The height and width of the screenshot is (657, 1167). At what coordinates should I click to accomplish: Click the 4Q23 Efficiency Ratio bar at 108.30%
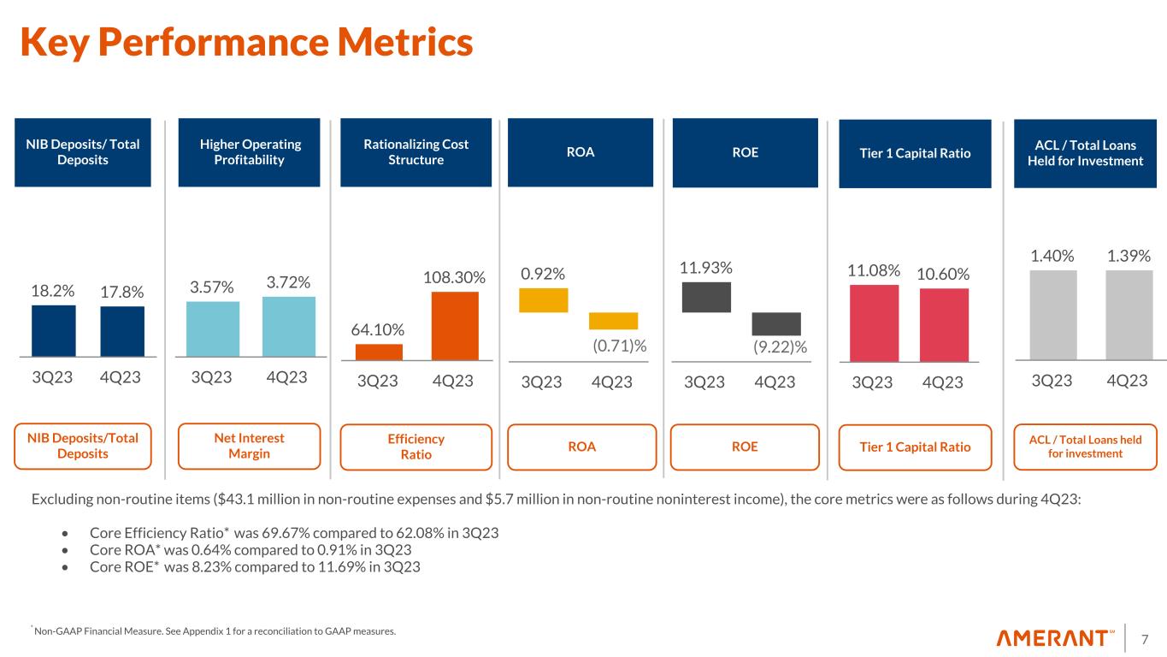click(455, 326)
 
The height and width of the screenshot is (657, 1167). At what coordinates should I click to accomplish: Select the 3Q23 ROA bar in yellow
click(544, 300)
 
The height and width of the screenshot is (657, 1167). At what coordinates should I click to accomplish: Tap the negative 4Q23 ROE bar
click(776, 323)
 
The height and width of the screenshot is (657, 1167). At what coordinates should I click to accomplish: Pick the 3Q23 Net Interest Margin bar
click(212, 328)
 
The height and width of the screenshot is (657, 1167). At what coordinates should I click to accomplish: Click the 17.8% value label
click(121, 292)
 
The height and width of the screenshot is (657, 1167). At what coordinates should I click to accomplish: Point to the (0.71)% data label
click(619, 346)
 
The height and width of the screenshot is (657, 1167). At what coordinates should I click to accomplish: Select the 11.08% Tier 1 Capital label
click(874, 271)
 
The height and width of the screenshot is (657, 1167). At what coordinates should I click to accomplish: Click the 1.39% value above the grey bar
click(1129, 256)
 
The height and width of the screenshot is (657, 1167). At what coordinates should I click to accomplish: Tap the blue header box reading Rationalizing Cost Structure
click(416, 152)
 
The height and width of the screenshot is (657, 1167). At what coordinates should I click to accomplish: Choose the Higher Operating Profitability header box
click(249, 152)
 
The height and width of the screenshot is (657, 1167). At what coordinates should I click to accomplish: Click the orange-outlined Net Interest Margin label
click(249, 446)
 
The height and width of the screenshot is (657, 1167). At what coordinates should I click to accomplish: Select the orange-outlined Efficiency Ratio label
click(416, 447)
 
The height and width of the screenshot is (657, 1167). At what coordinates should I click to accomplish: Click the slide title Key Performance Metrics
click(246, 43)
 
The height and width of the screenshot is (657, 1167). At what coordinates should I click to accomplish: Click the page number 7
click(1145, 638)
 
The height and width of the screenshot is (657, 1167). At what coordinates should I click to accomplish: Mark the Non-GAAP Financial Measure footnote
click(214, 631)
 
